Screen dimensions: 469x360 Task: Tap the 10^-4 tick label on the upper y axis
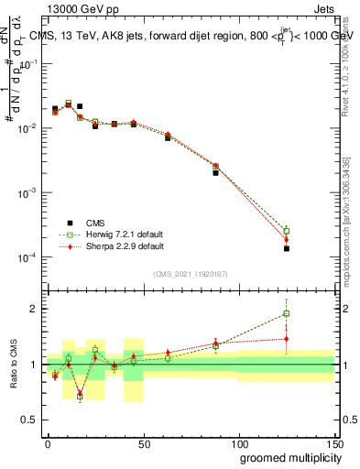click(27, 258)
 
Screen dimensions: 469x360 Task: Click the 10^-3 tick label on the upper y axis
click(27, 193)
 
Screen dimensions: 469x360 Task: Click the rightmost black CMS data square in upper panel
click(287, 248)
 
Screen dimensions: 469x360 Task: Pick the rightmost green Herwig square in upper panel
click(287, 230)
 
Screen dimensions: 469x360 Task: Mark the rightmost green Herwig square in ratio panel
click(287, 314)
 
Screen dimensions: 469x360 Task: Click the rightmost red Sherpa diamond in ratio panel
click(287, 339)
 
